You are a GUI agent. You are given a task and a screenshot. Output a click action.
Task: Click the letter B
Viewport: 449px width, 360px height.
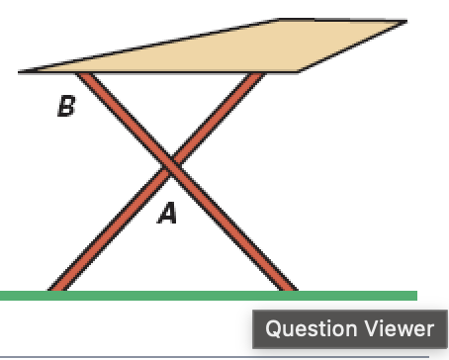[x=65, y=106]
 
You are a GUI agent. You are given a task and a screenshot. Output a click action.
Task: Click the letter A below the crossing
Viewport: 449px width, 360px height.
[x=168, y=213]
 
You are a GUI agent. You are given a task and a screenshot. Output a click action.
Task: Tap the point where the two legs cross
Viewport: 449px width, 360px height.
[x=171, y=167]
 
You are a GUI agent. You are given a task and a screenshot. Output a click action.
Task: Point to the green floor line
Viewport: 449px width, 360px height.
[x=208, y=295]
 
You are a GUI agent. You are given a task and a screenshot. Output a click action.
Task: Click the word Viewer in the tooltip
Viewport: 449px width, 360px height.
[x=400, y=329]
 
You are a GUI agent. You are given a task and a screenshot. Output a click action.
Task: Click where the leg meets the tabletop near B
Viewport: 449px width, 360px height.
[x=85, y=75]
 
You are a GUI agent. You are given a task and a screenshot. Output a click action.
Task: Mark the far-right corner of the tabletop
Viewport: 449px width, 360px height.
[x=405, y=21]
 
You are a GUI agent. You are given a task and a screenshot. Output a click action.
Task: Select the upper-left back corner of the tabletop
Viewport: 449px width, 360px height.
[x=283, y=19]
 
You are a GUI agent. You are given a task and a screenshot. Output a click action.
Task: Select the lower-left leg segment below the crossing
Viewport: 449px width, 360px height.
[x=114, y=228]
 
